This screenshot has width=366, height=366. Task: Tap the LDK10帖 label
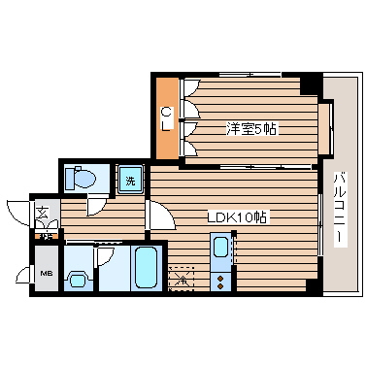point(238,217)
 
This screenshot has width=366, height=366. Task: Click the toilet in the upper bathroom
point(82,179)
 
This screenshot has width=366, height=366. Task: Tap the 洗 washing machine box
point(130,178)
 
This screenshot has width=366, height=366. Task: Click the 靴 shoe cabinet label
point(45,235)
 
